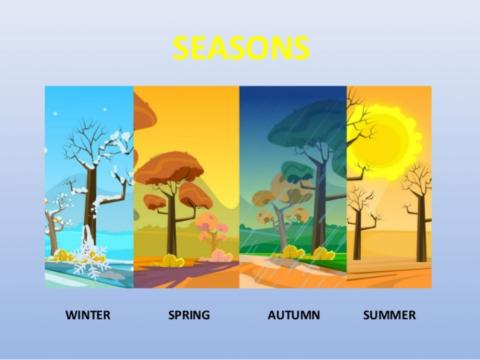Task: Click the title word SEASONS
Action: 240,47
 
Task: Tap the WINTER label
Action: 89,315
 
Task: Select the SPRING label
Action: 189,315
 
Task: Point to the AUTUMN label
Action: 293,315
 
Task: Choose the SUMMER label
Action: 389,315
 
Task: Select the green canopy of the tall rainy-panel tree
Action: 306,125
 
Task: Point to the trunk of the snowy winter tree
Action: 91,205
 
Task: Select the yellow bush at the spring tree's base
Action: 172,261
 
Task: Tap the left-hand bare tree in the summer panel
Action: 361,215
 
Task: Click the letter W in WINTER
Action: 71,315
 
